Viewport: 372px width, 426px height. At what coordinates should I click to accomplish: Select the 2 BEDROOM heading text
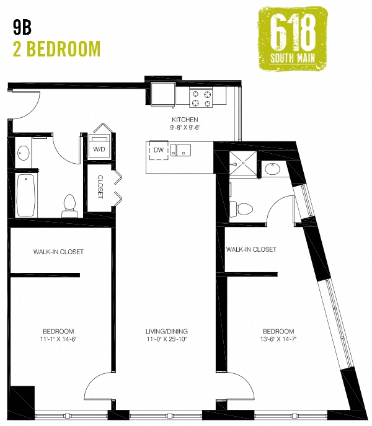click(56, 48)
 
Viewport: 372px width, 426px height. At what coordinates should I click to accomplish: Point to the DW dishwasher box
click(158, 150)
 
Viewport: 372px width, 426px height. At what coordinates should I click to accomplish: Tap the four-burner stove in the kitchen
click(201, 98)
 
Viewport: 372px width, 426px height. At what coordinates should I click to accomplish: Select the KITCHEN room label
click(185, 119)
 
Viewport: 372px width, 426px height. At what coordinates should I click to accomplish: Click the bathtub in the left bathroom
click(25, 193)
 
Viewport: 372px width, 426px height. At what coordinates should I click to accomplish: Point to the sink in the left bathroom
click(23, 152)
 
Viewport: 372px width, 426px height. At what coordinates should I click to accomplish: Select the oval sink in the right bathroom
click(272, 167)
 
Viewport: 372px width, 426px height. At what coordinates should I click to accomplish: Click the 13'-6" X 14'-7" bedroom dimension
click(278, 339)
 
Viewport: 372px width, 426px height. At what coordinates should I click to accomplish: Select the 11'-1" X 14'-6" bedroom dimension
click(59, 339)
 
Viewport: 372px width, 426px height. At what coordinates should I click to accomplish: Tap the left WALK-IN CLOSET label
click(58, 252)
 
